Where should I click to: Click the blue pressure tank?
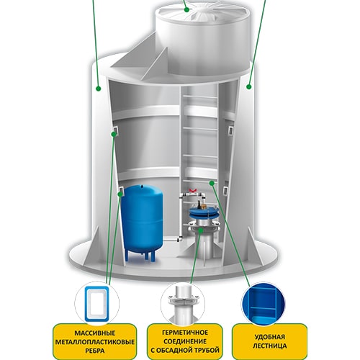[x=142, y=222]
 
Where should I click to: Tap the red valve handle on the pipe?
[x=192, y=191]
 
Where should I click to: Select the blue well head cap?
[x=203, y=211]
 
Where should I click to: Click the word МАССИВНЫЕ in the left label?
[x=95, y=333]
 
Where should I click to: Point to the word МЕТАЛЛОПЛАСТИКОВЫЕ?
[x=95, y=342]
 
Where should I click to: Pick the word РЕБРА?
[x=95, y=351]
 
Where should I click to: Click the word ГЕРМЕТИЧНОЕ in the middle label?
[x=185, y=333]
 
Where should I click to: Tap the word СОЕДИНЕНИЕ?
[x=185, y=341]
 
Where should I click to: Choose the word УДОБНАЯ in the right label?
[x=269, y=337]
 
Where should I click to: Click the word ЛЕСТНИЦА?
[x=269, y=346]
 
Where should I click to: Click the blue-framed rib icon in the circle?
[x=96, y=303]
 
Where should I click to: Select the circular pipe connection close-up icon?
[x=183, y=304]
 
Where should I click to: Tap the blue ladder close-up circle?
[x=263, y=304]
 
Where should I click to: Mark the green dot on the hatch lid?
[x=186, y=9]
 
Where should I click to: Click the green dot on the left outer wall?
[x=98, y=89]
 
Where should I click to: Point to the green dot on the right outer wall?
[x=249, y=86]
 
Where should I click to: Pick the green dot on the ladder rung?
[x=212, y=183]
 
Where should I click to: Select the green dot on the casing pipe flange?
[x=201, y=230]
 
